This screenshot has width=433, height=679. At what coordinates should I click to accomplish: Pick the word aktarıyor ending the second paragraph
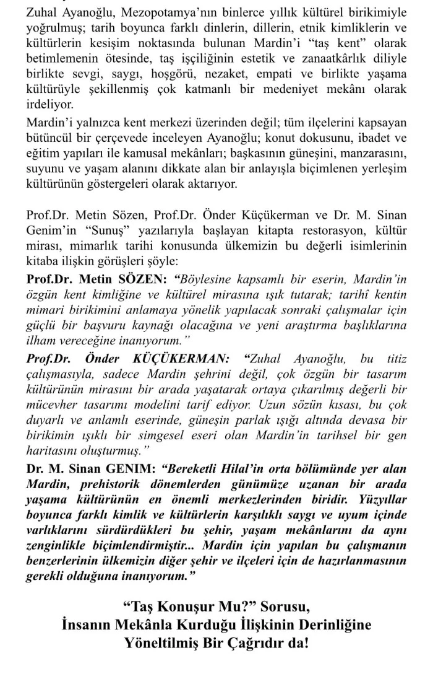[207, 184]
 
